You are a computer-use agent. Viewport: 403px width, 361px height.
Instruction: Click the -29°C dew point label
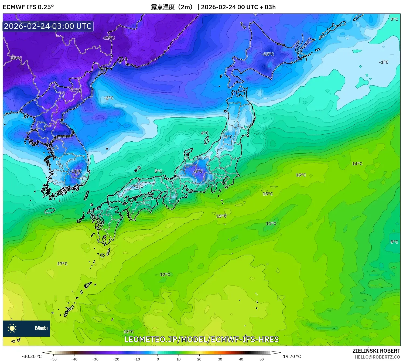[x=109, y=38]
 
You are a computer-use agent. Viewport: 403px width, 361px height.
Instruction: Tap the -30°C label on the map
[x=16, y=58]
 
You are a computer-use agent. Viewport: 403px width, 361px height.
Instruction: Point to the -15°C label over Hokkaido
[x=268, y=54]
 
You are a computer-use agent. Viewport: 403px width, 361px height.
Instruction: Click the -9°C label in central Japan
[x=198, y=171]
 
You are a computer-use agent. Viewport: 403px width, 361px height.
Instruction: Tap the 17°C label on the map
[x=62, y=264]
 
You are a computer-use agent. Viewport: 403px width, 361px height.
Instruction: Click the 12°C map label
[x=165, y=275]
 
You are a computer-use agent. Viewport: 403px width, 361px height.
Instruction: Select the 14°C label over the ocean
[x=357, y=164]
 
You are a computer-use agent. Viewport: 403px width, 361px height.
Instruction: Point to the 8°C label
[x=394, y=242]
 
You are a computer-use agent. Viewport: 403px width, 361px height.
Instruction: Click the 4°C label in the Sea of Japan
[x=205, y=133]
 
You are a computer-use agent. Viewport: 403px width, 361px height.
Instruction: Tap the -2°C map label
[x=109, y=98]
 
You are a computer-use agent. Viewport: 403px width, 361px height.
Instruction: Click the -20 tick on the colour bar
[x=116, y=359]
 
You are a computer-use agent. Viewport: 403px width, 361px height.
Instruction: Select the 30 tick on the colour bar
[x=220, y=359]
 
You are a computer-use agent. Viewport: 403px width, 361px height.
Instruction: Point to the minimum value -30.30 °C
[x=32, y=356]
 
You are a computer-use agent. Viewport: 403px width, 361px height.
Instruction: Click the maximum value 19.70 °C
[x=292, y=356]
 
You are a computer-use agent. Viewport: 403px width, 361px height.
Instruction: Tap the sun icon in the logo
[x=12, y=328]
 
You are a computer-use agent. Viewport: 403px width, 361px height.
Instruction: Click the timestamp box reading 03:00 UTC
[x=48, y=26]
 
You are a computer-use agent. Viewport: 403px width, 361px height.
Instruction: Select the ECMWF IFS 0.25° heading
[x=28, y=7]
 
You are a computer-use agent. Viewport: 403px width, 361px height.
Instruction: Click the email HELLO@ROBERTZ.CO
[x=377, y=357]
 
